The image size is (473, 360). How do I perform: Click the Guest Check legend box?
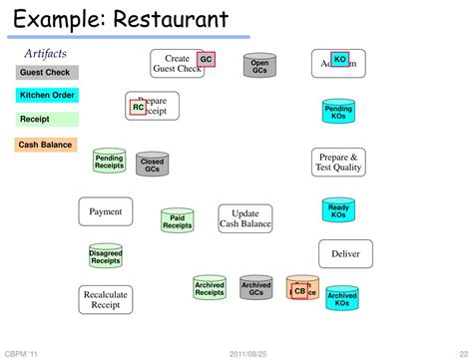[47, 73]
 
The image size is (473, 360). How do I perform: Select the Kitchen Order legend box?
[47, 96]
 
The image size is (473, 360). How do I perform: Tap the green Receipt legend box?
[47, 119]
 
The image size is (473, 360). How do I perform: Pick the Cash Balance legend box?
[47, 145]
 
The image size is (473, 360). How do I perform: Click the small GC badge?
[206, 60]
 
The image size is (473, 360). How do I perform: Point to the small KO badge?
[340, 60]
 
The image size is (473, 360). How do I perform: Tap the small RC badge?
[138, 107]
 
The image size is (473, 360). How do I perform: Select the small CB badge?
[299, 291]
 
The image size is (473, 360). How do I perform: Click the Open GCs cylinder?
[259, 67]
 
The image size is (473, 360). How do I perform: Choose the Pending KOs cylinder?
[338, 112]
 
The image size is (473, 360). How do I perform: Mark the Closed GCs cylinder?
[153, 165]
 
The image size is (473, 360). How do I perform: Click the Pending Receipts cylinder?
[109, 163]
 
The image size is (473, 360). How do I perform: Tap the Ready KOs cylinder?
[338, 210]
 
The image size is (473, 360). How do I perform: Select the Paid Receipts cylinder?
[177, 221]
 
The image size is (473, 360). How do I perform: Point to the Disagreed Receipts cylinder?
[105, 256]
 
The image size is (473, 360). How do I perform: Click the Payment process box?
[105, 211]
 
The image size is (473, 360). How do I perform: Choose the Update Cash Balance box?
[245, 219]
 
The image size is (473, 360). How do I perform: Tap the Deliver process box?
[345, 253]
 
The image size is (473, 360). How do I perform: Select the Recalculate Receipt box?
[105, 299]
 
